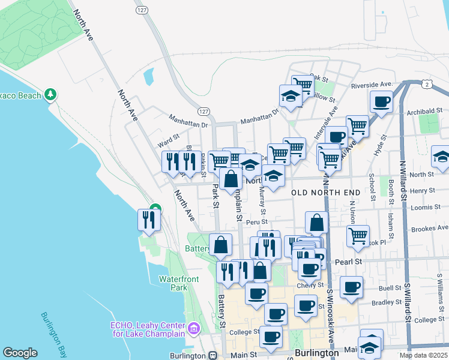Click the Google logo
pyautogui.click(x=20, y=353)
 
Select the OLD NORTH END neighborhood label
pyautogui.click(x=326, y=192)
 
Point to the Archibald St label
pyautogui.click(x=424, y=110)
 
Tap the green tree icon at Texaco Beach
pyautogui.click(x=51, y=95)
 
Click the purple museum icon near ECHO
pyautogui.click(x=194, y=328)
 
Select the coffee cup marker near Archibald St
pyautogui.click(x=381, y=102)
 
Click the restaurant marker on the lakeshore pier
pyautogui.click(x=148, y=220)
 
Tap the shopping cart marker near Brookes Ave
pyautogui.click(x=358, y=235)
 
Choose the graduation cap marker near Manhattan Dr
pyautogui.click(x=291, y=97)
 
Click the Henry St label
pyautogui.click(x=423, y=190)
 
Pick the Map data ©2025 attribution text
pyautogui.click(x=423, y=355)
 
